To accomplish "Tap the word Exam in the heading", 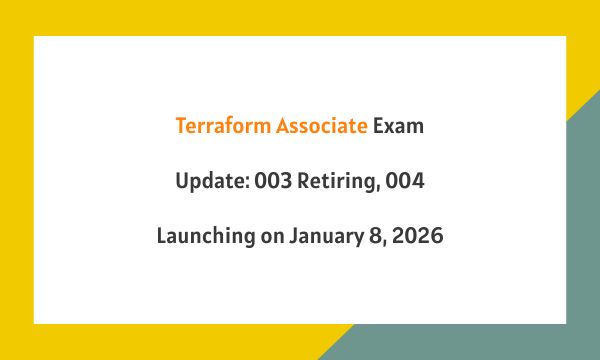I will click(399, 127).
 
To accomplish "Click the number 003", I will click(272, 182).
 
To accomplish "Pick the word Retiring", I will click(339, 182).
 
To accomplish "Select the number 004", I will click(406, 182).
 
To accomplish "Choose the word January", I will click(324, 237).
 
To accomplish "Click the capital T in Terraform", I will click(180, 127).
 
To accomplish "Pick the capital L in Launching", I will click(161, 237).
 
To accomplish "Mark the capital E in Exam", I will click(379, 127).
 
